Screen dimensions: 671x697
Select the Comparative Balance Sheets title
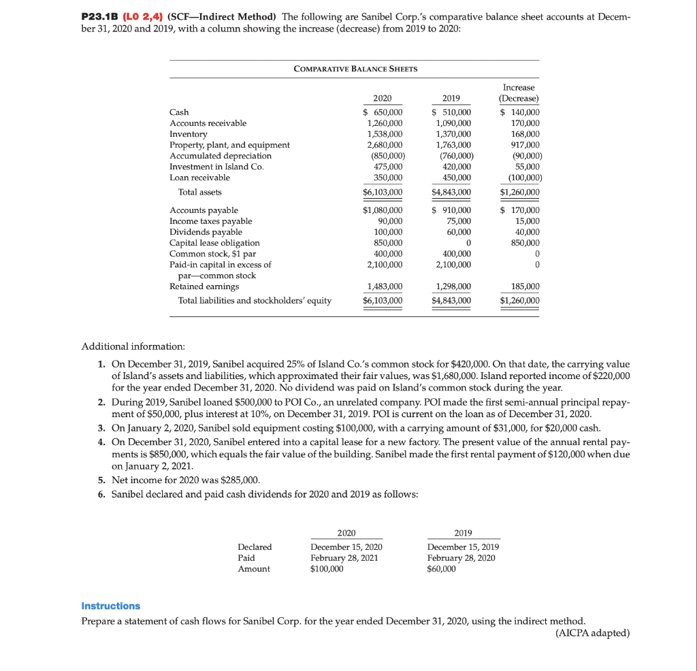click(355, 69)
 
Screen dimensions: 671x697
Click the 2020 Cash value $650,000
click(383, 112)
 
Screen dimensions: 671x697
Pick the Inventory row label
click(188, 134)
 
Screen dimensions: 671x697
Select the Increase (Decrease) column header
click(519, 93)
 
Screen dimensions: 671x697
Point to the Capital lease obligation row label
click(214, 243)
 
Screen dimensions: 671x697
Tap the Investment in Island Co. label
click(208, 167)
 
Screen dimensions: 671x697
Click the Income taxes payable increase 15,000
click(528, 221)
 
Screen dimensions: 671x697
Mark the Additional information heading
click(128, 347)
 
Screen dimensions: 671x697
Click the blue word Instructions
click(110, 606)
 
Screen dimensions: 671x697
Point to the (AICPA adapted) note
click(592, 633)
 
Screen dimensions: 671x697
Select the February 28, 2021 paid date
click(346, 558)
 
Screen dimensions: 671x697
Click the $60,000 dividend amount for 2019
click(442, 569)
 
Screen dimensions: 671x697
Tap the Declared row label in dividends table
click(255, 547)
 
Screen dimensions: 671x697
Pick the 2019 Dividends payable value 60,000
click(456, 232)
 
